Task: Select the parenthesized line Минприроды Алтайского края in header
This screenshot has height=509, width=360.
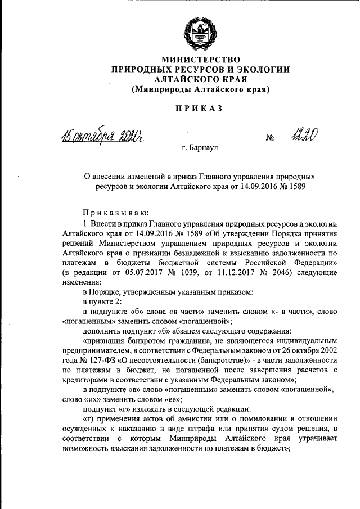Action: pyautogui.click(x=201, y=89)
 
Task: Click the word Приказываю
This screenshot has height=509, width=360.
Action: pyautogui.click(x=115, y=213)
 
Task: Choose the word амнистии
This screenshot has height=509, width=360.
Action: pyautogui.click(x=195, y=420)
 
